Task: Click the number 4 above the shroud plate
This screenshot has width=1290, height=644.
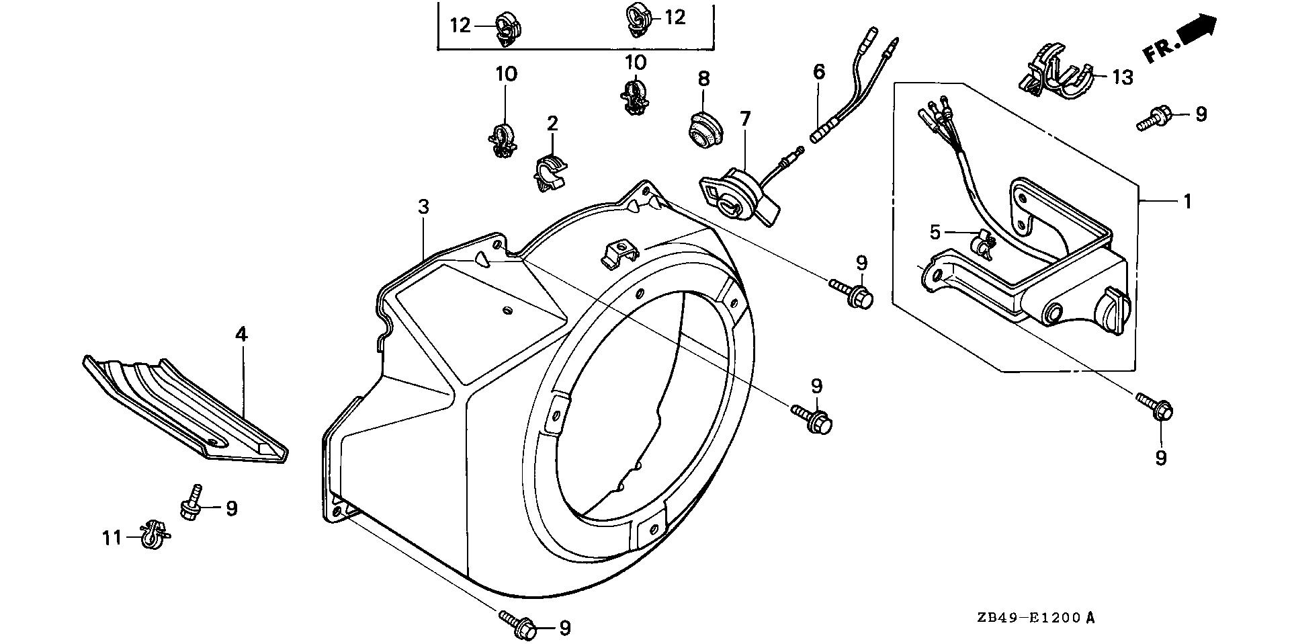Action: tap(241, 334)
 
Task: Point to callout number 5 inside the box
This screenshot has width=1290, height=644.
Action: tap(935, 233)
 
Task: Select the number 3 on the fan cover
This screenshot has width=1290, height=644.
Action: tap(423, 207)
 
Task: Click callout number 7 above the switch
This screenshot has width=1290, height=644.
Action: tap(744, 120)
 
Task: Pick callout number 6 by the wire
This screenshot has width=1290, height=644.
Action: tap(818, 71)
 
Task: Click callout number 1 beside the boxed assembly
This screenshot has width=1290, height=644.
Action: tap(1187, 201)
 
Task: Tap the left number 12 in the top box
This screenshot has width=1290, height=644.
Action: tap(461, 26)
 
